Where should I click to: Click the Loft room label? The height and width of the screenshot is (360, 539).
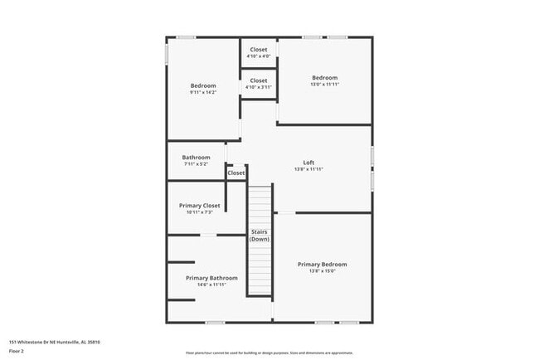pyautogui.click(x=308, y=162)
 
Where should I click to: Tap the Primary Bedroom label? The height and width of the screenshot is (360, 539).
pyautogui.click(x=323, y=264)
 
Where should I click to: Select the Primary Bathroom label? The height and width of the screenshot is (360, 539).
pyautogui.click(x=211, y=278)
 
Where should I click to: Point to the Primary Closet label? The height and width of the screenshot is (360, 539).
pyautogui.click(x=200, y=205)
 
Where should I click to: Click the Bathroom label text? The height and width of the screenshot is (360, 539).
pyautogui.click(x=197, y=157)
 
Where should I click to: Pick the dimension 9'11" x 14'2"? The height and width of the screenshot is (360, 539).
pyautogui.click(x=203, y=92)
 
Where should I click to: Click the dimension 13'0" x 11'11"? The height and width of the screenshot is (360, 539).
pyautogui.click(x=324, y=85)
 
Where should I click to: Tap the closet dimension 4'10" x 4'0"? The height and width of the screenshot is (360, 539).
pyautogui.click(x=259, y=56)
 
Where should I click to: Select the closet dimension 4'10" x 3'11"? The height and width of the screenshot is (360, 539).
pyautogui.click(x=259, y=87)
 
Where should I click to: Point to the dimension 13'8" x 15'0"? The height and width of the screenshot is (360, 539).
pyautogui.click(x=323, y=270)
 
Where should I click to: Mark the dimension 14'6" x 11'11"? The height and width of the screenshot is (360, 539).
pyautogui.click(x=211, y=285)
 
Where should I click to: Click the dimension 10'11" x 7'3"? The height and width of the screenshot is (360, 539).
pyautogui.click(x=200, y=212)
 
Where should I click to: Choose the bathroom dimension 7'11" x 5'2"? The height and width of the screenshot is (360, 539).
pyautogui.click(x=197, y=163)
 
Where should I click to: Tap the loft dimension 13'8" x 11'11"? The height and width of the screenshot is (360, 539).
pyautogui.click(x=308, y=168)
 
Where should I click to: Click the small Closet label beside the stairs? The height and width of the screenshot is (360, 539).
pyautogui.click(x=236, y=173)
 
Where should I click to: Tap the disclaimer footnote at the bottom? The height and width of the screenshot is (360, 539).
pyautogui.click(x=269, y=353)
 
